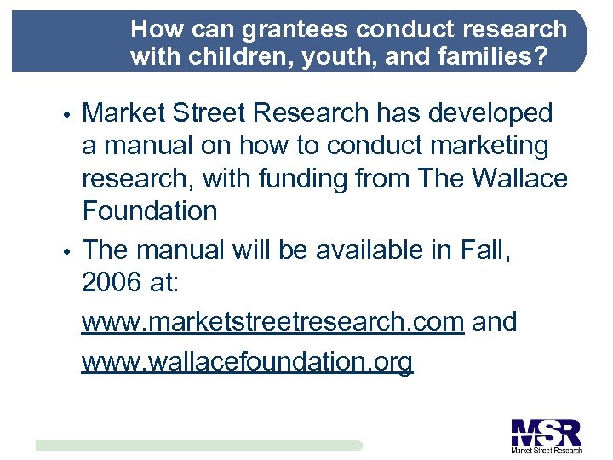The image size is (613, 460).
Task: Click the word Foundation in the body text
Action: point(150,210)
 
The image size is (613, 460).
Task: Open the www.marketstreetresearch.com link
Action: point(272,322)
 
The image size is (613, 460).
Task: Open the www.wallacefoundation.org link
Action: point(247,361)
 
